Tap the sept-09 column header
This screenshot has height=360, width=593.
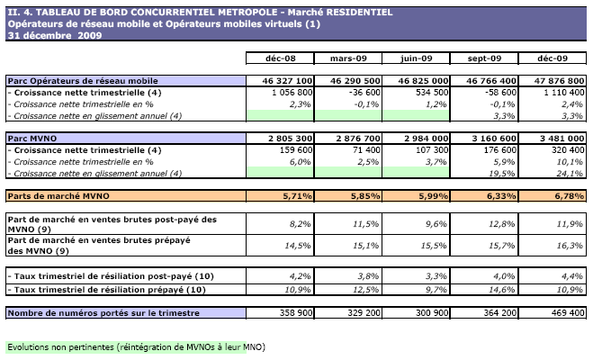click(x=484, y=58)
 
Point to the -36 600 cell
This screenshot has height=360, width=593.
click(x=363, y=93)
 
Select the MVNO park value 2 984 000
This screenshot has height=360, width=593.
click(x=423, y=138)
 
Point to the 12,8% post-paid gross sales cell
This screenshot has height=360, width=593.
click(x=490, y=220)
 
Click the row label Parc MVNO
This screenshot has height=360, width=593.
click(x=31, y=138)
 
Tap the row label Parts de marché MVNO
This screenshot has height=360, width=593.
click(x=56, y=194)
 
